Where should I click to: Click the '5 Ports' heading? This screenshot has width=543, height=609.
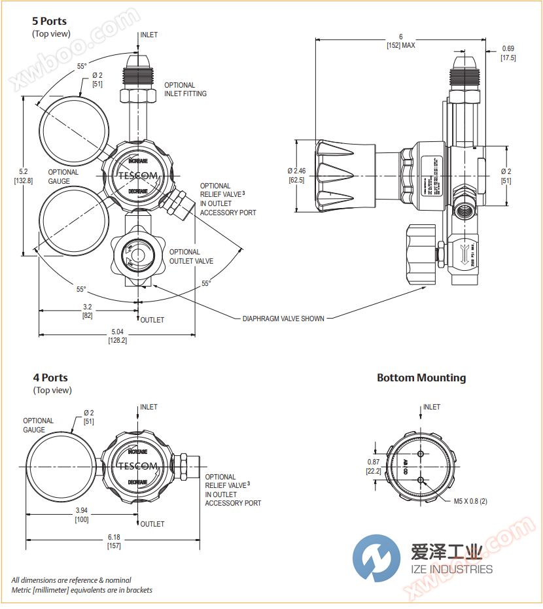pyautogui.click(x=50, y=21)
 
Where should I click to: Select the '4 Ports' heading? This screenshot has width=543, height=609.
pyautogui.click(x=50, y=377)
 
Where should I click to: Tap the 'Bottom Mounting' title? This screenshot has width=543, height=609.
pyautogui.click(x=421, y=377)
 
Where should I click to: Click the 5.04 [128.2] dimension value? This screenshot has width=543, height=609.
pyautogui.click(x=118, y=336)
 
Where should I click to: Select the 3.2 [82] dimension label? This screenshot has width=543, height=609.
pyautogui.click(x=87, y=311)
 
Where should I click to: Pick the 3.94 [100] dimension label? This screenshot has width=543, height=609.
pyautogui.click(x=82, y=514)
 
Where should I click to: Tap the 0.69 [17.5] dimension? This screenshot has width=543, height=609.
pyautogui.click(x=508, y=53)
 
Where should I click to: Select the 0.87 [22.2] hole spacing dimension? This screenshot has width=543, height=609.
pyautogui.click(x=374, y=466)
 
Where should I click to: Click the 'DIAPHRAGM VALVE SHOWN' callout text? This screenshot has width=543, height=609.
pyautogui.click(x=283, y=319)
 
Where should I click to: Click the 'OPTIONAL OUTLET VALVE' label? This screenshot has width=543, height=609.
pyautogui.click(x=191, y=256)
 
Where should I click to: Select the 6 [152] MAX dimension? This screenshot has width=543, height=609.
pyautogui.click(x=400, y=41)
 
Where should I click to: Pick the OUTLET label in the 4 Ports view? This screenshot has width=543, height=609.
pyautogui.click(x=152, y=524)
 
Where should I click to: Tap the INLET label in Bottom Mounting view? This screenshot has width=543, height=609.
pyautogui.click(x=431, y=407)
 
